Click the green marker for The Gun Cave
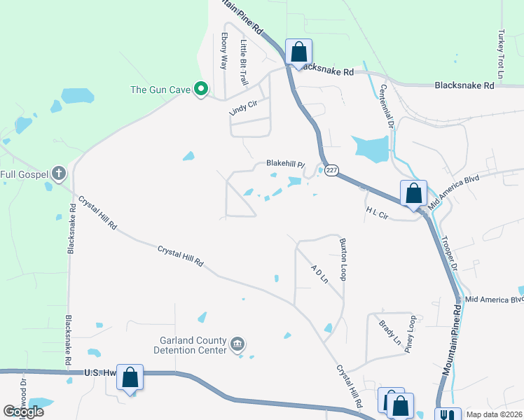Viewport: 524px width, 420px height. click(x=201, y=89)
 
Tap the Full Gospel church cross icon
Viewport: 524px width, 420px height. click(x=59, y=173)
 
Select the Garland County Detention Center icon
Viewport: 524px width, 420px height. click(x=237, y=344)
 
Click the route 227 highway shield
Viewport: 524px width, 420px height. click(x=332, y=169)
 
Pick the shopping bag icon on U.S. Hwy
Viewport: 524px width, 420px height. click(x=130, y=377)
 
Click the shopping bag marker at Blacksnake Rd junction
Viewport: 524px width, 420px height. click(x=299, y=52)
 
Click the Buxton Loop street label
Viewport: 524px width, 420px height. click(x=343, y=259)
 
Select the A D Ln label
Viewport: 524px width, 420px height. click(x=319, y=273)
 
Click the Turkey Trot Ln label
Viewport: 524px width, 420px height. click(x=500, y=54)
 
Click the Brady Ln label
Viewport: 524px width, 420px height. click(x=389, y=332)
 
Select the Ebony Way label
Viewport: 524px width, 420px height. click(x=224, y=51)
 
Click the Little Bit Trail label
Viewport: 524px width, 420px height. click(x=244, y=62)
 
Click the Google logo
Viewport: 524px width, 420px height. click(x=23, y=412)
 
